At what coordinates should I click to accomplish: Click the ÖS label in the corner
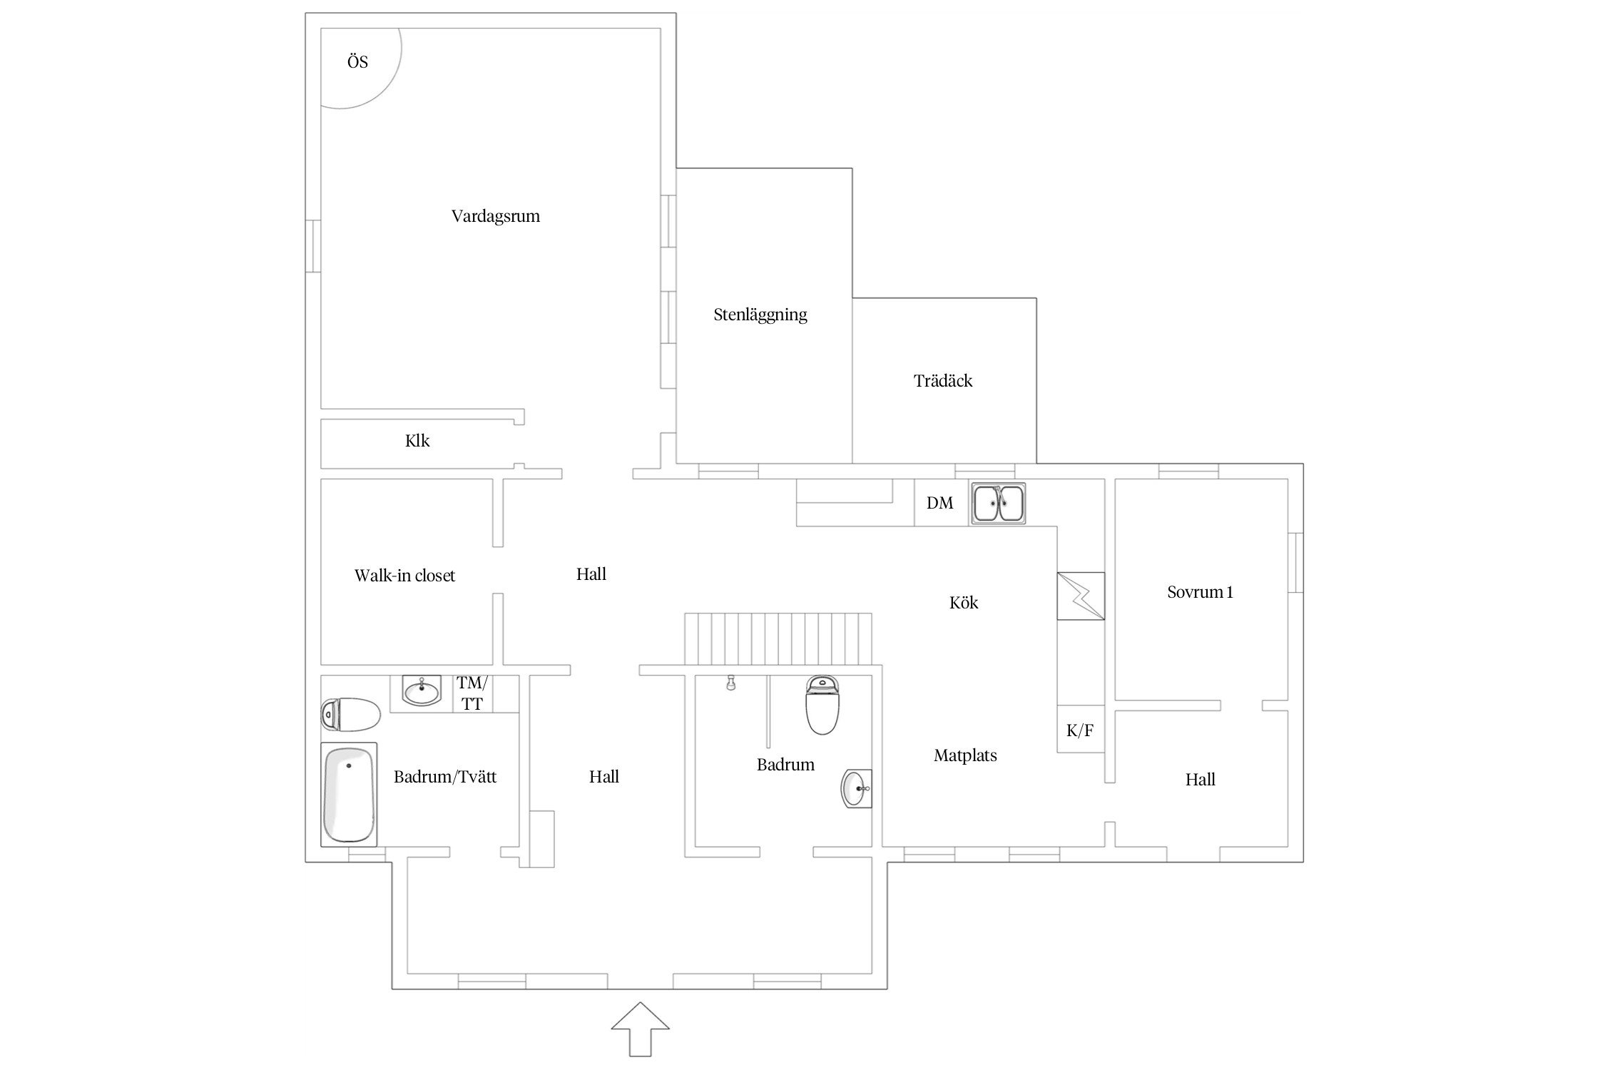click(x=357, y=62)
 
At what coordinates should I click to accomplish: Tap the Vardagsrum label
click(x=496, y=216)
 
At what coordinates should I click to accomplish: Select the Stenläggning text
click(x=760, y=315)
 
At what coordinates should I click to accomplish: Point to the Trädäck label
click(x=943, y=381)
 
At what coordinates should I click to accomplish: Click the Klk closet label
click(x=417, y=441)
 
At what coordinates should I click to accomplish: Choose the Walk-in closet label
click(x=404, y=576)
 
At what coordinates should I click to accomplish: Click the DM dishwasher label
click(x=939, y=503)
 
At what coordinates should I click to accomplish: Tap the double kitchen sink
click(x=997, y=504)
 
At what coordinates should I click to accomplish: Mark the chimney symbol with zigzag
click(x=1081, y=596)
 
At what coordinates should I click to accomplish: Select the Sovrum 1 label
click(x=1200, y=592)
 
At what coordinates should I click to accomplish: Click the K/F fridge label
click(x=1080, y=730)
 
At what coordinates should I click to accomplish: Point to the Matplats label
click(x=965, y=755)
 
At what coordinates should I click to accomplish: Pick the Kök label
click(x=964, y=603)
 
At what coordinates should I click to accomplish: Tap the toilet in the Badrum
click(x=823, y=705)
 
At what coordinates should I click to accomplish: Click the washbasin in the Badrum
click(x=856, y=789)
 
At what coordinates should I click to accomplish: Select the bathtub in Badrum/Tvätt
click(x=349, y=795)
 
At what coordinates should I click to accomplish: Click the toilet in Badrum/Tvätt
click(x=350, y=714)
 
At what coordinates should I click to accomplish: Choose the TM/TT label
click(x=472, y=693)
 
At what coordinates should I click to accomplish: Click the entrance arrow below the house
click(x=640, y=1029)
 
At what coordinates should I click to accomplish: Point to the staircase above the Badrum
click(x=778, y=638)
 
